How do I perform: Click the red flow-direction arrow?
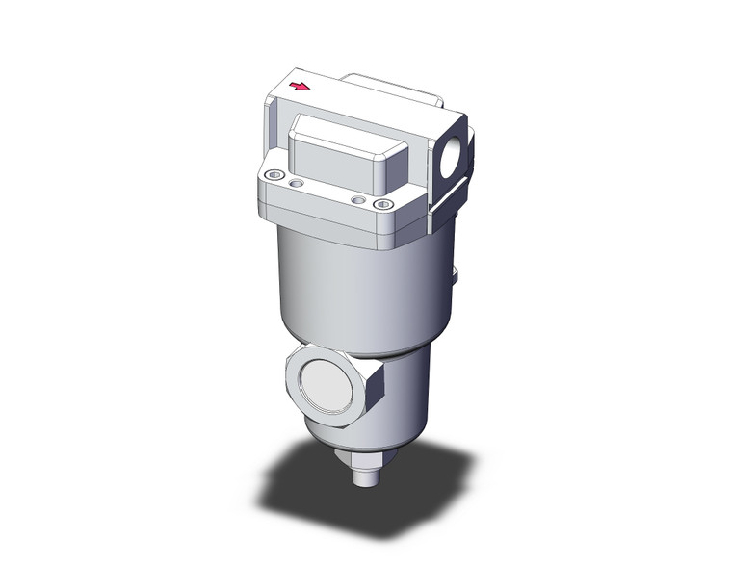pyautogui.click(x=301, y=88)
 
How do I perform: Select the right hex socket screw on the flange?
pyautogui.click(x=383, y=203)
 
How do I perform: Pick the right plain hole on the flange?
pyautogui.click(x=359, y=199)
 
